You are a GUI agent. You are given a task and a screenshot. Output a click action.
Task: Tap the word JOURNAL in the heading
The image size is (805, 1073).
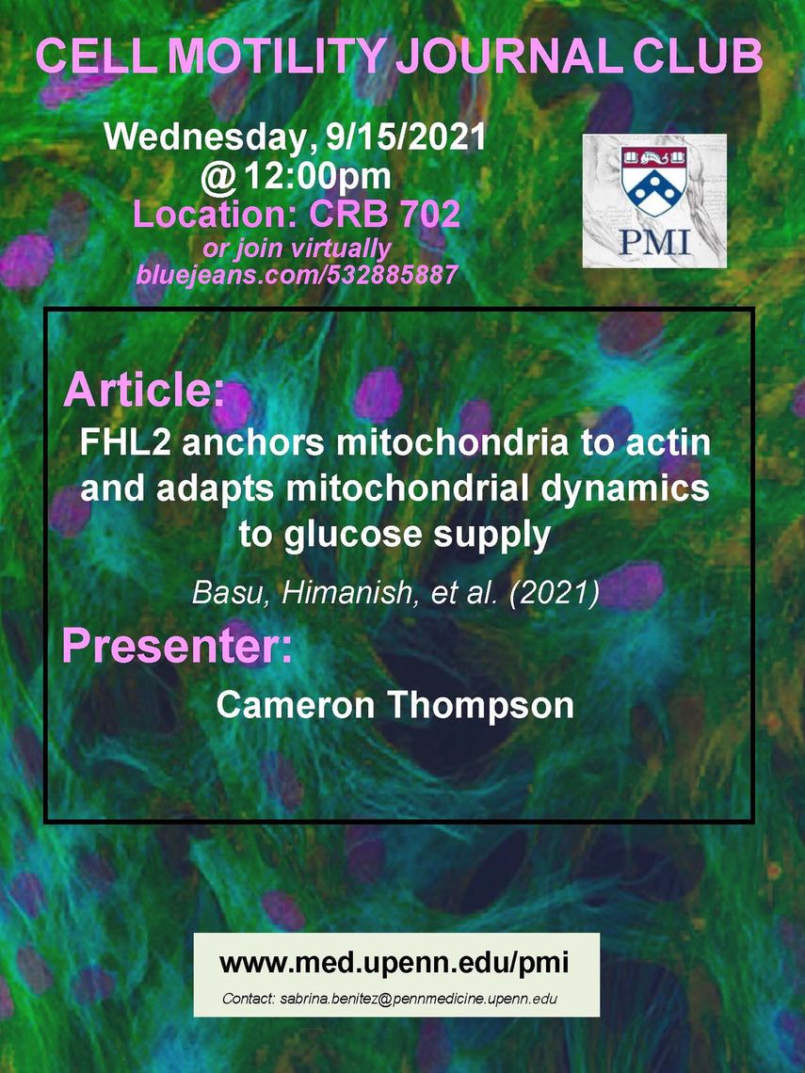point(509,56)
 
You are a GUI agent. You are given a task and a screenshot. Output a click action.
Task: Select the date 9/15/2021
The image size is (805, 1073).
point(406,136)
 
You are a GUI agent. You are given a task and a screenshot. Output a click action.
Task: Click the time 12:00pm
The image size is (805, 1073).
point(317,177)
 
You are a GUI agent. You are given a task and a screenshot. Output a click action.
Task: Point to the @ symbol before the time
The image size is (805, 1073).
point(218,177)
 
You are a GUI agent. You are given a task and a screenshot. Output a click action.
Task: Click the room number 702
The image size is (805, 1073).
point(430,214)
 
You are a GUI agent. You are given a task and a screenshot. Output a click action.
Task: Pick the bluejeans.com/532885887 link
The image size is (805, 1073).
point(297,275)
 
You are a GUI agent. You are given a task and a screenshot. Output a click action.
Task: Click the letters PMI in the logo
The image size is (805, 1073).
point(653,241)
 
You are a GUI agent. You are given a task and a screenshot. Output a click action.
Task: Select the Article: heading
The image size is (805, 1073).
point(144,390)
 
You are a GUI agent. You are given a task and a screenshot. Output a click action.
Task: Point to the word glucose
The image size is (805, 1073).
point(353,536)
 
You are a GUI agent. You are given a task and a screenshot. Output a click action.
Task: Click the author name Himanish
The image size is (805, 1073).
point(346,592)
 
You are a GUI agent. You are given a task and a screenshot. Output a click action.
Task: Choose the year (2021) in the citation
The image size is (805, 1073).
point(554,593)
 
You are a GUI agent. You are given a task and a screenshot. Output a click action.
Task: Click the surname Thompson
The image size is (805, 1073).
point(482,705)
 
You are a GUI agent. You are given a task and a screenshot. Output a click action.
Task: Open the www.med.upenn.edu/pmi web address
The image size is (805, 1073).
point(394,962)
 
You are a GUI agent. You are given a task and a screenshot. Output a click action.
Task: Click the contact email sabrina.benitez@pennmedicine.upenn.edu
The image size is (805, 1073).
point(390,999)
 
